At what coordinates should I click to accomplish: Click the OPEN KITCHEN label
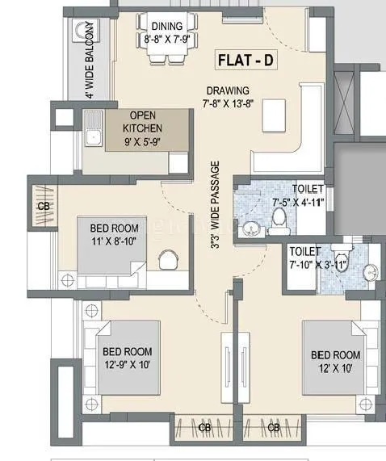[142, 120]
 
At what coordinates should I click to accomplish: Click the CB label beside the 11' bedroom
[42, 206]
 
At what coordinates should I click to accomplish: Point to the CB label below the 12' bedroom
[275, 427]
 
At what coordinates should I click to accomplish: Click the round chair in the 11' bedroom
[167, 260]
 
